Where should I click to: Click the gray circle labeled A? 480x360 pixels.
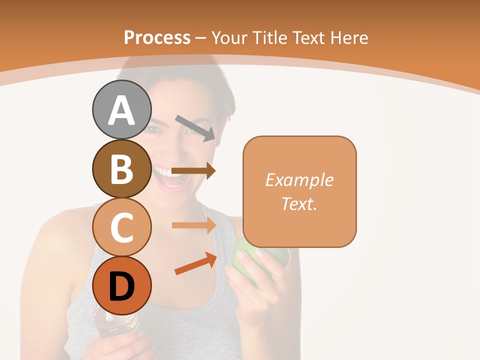(121, 109)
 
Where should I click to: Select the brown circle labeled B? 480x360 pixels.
(121, 168)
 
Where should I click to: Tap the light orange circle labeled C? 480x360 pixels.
(121, 227)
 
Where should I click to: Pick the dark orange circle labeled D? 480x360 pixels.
(121, 285)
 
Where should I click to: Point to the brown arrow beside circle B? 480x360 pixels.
(193, 171)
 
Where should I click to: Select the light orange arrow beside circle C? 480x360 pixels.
(193, 225)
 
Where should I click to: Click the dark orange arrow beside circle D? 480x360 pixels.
(195, 263)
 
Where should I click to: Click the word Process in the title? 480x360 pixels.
(157, 38)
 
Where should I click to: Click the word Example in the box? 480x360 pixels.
(299, 180)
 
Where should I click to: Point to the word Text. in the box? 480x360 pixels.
(299, 203)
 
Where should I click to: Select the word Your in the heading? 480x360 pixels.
(230, 38)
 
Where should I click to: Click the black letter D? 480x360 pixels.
(121, 286)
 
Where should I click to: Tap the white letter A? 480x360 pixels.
(121, 110)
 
